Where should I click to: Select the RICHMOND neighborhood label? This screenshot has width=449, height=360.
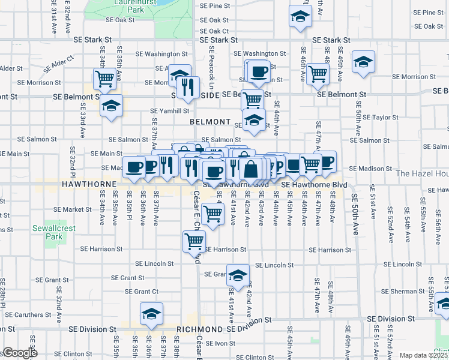point(200,329)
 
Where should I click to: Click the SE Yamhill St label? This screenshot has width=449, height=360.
point(169,110)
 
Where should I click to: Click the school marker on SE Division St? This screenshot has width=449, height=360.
point(151,314)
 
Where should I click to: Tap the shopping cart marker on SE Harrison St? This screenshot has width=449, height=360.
point(194,241)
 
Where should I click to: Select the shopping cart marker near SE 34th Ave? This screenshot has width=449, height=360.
point(105,78)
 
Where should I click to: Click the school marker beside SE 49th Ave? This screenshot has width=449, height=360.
point(363,63)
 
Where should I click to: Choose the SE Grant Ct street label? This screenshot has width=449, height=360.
point(142,292)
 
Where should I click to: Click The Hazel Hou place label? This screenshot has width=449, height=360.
point(422,173)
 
